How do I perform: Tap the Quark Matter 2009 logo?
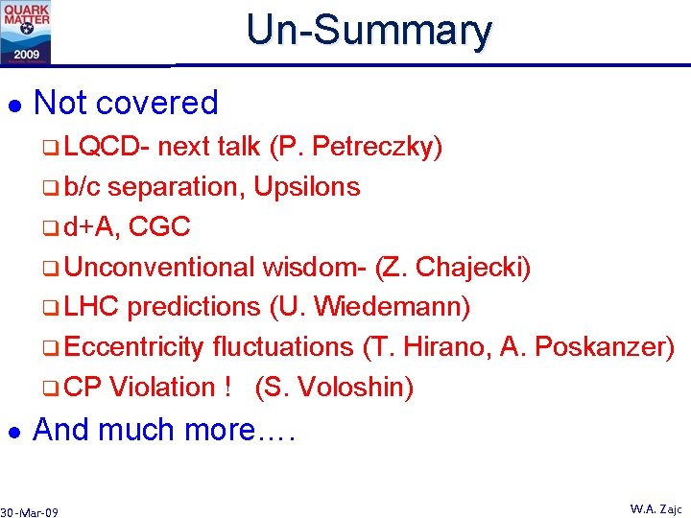click(26, 32)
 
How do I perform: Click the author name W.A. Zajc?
click(655, 508)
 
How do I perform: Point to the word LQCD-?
click(108, 147)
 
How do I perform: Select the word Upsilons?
click(307, 187)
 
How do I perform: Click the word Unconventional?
click(160, 267)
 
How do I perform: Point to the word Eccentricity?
click(135, 346)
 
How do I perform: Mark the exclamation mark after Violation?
click(226, 387)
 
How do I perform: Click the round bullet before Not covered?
click(12, 104)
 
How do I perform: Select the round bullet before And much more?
click(12, 431)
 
